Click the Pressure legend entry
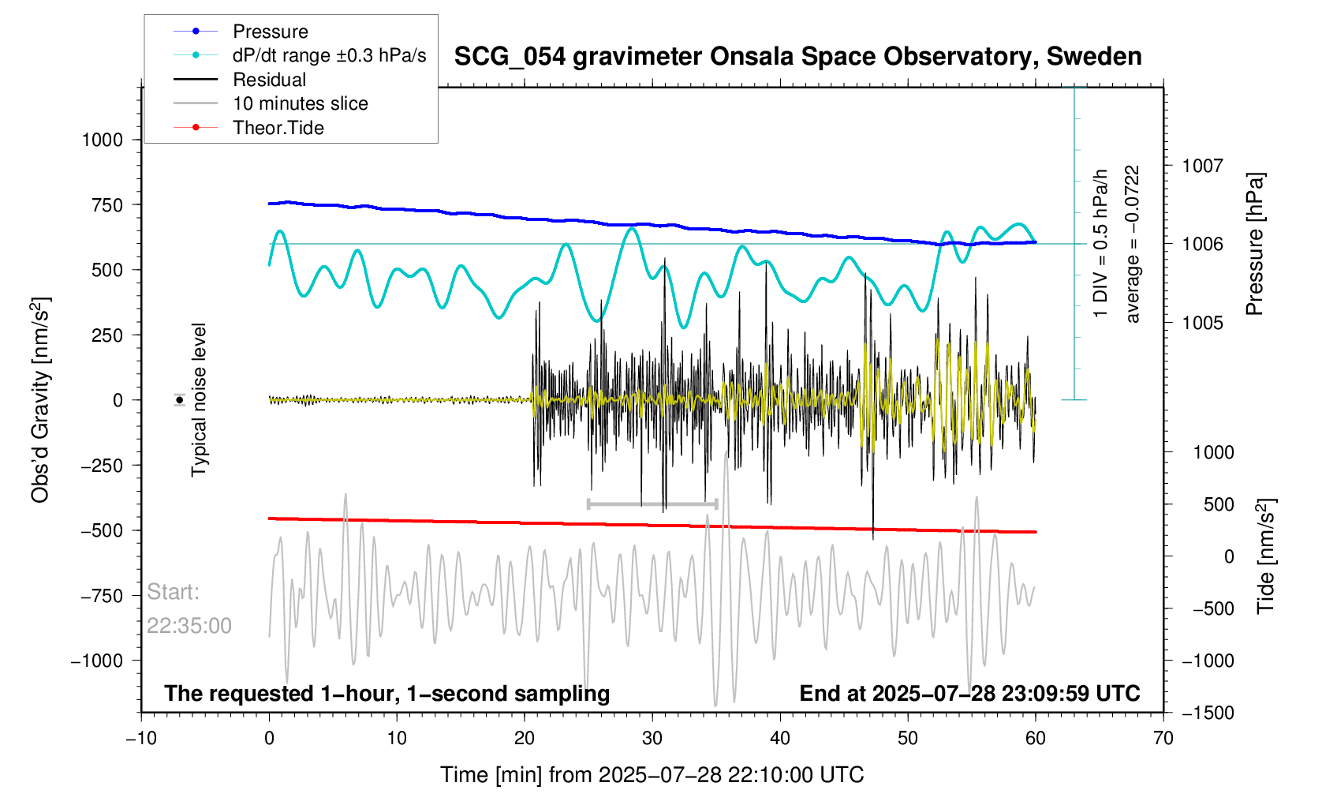click(270, 32)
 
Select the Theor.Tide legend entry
click(278, 128)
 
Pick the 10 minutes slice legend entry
click(300, 103)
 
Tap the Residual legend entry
click(269, 80)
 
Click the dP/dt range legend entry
click(329, 55)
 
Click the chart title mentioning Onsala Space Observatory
click(797, 57)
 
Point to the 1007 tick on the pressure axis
click(1202, 166)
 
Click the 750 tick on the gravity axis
click(107, 205)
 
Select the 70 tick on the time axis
click(1163, 738)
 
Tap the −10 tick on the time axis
click(141, 738)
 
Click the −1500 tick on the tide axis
click(1207, 713)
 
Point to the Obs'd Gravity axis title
click(40, 400)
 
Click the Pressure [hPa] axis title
click(1254, 244)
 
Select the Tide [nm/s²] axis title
click(1265, 556)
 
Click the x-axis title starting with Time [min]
click(652, 775)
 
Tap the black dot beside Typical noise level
click(180, 400)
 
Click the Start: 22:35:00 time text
click(189, 609)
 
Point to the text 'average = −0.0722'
click(1133, 244)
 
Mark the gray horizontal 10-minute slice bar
click(652, 504)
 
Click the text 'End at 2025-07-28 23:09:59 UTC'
click(969, 694)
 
